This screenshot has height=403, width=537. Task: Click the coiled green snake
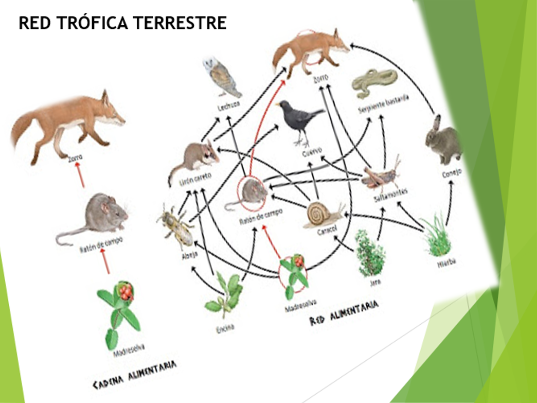pyautogui.click(x=374, y=82)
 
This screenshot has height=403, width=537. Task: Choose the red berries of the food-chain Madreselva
pyautogui.click(x=125, y=291)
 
